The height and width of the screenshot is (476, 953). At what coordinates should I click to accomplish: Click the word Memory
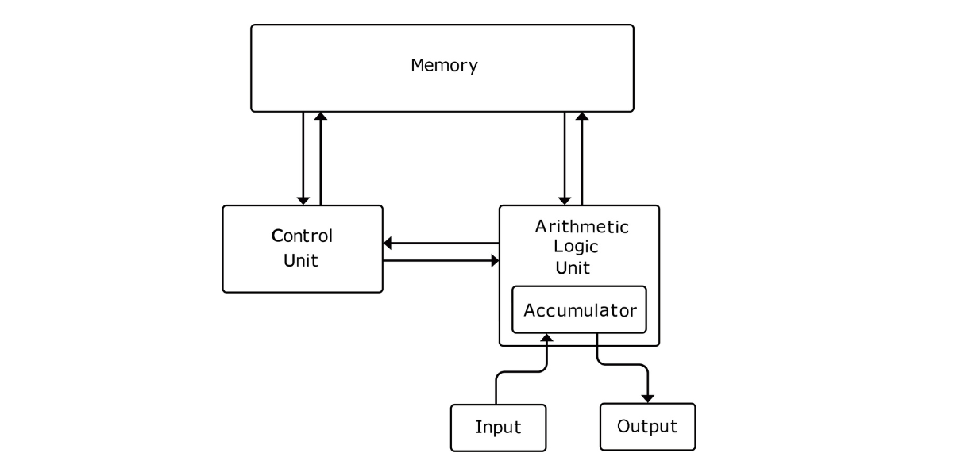(x=444, y=65)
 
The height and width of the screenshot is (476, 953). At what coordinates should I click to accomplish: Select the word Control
(x=303, y=236)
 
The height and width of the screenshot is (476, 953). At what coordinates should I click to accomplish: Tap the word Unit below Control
(x=301, y=259)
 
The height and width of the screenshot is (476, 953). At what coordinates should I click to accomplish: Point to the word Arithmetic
(x=581, y=227)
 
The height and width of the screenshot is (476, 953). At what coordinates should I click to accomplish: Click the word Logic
(x=576, y=246)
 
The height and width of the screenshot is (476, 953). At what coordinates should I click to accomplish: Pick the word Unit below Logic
(x=572, y=267)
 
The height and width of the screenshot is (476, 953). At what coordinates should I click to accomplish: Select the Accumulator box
(x=580, y=309)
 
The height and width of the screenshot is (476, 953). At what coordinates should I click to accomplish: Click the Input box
(x=498, y=428)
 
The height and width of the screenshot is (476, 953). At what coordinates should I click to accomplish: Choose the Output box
(x=647, y=427)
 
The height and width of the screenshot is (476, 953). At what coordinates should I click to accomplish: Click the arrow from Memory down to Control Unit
(x=303, y=159)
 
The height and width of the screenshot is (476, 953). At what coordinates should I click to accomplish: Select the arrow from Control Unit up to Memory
(x=320, y=159)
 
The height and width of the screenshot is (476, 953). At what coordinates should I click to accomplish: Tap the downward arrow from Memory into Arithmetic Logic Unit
(x=565, y=159)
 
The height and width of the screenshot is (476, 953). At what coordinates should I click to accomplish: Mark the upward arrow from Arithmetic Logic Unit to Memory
(x=582, y=159)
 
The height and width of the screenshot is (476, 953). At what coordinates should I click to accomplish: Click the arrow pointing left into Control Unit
(x=441, y=243)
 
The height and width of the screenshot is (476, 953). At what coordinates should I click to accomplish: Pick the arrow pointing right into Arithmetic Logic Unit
(x=441, y=260)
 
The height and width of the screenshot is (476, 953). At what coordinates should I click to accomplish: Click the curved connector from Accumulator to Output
(x=623, y=364)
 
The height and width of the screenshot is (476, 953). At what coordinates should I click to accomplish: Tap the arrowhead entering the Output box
(x=648, y=397)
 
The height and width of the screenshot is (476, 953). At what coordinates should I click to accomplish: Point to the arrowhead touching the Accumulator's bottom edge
(x=546, y=340)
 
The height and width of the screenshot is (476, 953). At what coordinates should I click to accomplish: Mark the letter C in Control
(x=277, y=236)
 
